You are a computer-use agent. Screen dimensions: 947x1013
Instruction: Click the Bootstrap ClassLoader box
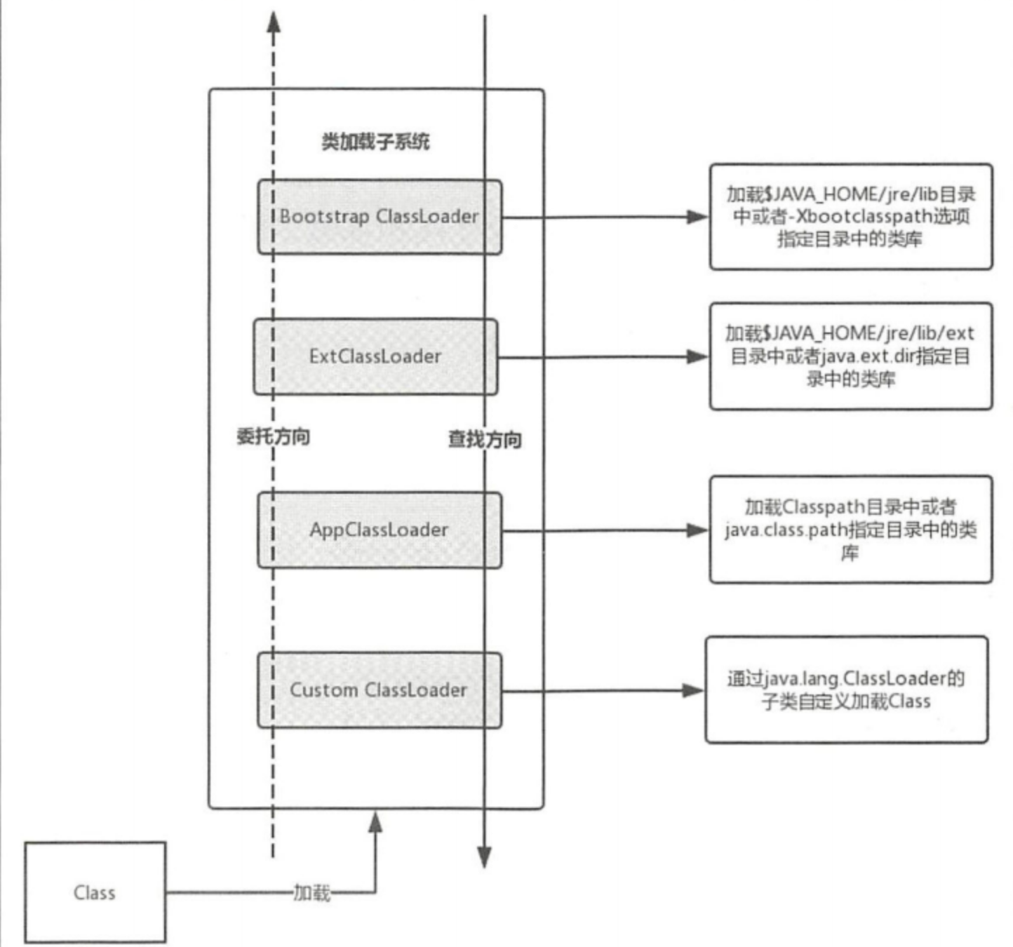[x=380, y=217]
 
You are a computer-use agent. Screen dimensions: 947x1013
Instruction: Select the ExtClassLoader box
[x=375, y=356]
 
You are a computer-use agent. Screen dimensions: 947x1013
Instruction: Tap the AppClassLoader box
[x=380, y=530]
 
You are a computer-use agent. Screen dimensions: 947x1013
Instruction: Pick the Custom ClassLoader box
[x=380, y=690]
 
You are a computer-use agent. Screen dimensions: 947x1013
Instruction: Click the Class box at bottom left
[x=95, y=892]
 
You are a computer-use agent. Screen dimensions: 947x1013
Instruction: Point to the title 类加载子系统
[x=375, y=142]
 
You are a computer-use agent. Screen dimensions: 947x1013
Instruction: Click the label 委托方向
[x=273, y=436]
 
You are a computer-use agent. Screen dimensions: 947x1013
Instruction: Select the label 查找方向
[x=485, y=440]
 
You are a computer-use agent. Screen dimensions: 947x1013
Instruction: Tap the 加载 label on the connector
[x=311, y=892]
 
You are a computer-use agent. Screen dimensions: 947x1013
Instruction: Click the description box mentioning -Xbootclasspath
[x=850, y=217]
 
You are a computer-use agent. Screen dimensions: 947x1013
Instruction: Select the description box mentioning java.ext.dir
[x=850, y=356]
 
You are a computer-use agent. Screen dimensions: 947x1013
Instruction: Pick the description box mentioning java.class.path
[x=850, y=530]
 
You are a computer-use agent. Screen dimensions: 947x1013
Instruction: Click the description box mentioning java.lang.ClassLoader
[x=846, y=690]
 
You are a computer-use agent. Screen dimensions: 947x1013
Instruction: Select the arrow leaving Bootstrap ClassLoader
[x=603, y=217]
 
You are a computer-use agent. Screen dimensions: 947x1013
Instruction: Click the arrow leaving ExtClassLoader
[x=603, y=357]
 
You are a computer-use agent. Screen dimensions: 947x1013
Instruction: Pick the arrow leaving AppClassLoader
[x=603, y=530]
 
